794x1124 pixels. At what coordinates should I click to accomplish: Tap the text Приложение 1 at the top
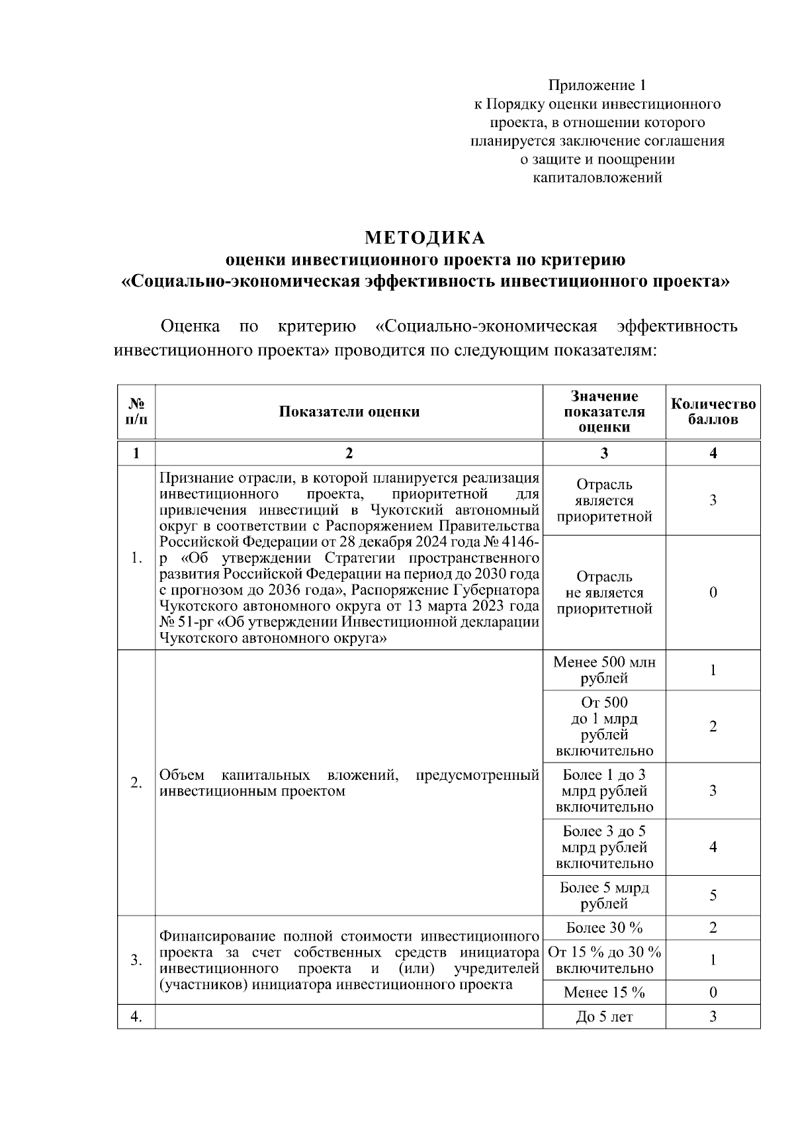tap(597, 85)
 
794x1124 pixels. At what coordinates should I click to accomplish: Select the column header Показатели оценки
tap(349, 412)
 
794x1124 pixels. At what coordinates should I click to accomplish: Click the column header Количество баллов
tap(713, 412)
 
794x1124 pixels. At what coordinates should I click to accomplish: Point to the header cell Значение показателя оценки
tap(604, 412)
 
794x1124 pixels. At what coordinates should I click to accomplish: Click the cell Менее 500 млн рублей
tap(604, 670)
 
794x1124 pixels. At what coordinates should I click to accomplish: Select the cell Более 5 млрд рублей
tap(604, 896)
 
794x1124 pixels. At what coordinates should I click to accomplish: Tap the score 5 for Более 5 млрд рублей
tap(713, 896)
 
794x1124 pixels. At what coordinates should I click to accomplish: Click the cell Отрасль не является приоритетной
tap(604, 592)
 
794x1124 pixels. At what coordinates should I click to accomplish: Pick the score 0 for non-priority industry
tap(713, 592)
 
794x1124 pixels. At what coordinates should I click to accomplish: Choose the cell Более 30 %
tap(604, 927)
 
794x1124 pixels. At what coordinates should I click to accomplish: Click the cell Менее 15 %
tap(604, 992)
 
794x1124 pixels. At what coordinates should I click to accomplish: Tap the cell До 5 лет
tap(604, 1017)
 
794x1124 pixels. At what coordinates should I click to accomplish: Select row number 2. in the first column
tap(136, 783)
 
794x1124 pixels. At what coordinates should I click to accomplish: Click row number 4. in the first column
tap(136, 1017)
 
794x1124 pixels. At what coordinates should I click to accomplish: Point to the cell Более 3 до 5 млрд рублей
tap(604, 847)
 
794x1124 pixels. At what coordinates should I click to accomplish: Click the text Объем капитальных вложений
tap(278, 775)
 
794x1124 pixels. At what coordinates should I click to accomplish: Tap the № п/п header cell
tap(136, 412)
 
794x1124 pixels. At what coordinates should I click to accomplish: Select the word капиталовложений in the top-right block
tap(597, 178)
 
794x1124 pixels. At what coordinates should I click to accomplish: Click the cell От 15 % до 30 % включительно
tap(604, 960)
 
